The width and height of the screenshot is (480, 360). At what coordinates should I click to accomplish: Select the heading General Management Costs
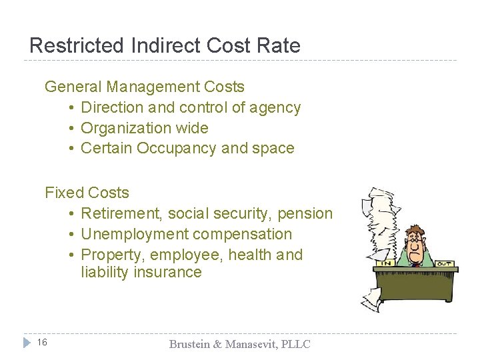[144, 87]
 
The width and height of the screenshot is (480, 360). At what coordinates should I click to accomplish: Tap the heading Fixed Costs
[87, 193]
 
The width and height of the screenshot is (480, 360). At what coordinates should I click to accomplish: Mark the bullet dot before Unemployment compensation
[71, 235]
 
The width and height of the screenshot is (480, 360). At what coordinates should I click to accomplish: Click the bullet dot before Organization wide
[71, 129]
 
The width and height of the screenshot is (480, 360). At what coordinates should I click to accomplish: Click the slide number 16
[42, 343]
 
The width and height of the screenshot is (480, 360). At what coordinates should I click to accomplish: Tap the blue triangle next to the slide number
[26, 343]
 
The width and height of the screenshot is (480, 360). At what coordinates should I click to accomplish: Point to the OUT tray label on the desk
[443, 264]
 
